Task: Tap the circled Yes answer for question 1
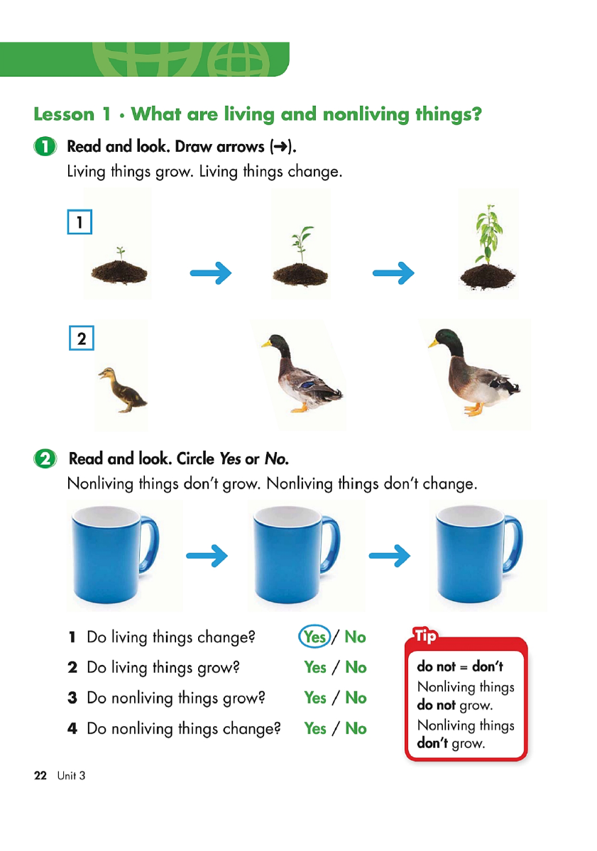click(x=314, y=637)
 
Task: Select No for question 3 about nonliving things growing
click(x=356, y=698)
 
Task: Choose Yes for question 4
click(x=314, y=728)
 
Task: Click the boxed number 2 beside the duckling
click(x=82, y=339)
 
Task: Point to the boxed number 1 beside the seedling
click(x=80, y=222)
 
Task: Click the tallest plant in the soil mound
click(x=488, y=241)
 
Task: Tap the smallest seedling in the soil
click(x=120, y=253)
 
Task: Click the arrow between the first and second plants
click(x=211, y=273)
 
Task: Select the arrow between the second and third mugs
click(x=390, y=555)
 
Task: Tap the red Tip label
click(x=425, y=636)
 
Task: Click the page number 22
click(x=40, y=776)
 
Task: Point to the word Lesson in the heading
click(x=64, y=114)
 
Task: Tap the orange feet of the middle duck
click(x=299, y=408)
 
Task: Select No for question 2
click(x=356, y=667)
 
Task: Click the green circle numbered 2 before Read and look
click(x=45, y=459)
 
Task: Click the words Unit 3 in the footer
click(x=72, y=776)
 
